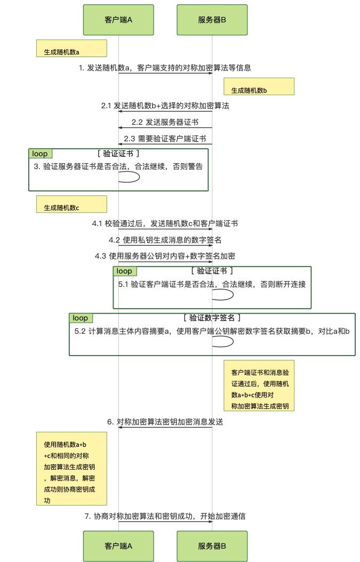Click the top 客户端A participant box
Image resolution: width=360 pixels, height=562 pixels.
pyautogui.click(x=118, y=20)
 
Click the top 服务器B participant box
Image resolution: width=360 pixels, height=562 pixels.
pyautogui.click(x=212, y=20)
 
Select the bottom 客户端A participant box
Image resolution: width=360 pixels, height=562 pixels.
pyautogui.click(x=118, y=546)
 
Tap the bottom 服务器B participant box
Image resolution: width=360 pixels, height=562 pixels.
pyautogui.click(x=212, y=546)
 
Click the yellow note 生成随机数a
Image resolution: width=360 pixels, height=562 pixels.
pyautogui.click(x=71, y=49)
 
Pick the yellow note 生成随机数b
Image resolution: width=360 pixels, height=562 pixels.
pyautogui.click(x=259, y=86)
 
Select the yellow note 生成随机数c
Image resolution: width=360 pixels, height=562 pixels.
pyautogui.click(x=71, y=204)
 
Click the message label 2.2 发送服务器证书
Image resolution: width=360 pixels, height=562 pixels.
pyautogui.click(x=165, y=122)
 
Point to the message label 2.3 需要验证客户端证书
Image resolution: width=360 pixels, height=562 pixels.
pyautogui.click(x=165, y=139)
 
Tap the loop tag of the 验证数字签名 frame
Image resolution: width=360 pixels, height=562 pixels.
pyautogui.click(x=81, y=318)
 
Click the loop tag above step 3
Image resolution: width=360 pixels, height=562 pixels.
pyautogui.click(x=40, y=154)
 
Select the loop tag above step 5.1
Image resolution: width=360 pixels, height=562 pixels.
pyautogui.click(x=125, y=271)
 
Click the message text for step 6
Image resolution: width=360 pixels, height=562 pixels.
pyautogui.click(x=165, y=422)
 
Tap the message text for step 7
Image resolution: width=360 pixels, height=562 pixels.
pyautogui.click(x=165, y=516)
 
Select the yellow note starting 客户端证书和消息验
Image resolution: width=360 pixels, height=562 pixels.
pyautogui.click(x=259, y=386)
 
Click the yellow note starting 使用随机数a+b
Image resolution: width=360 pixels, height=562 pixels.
pyautogui.click(x=71, y=469)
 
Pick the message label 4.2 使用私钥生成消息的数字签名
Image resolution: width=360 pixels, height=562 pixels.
pyautogui.click(x=165, y=240)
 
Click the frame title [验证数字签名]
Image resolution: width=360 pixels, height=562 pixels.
pyautogui.click(x=212, y=318)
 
